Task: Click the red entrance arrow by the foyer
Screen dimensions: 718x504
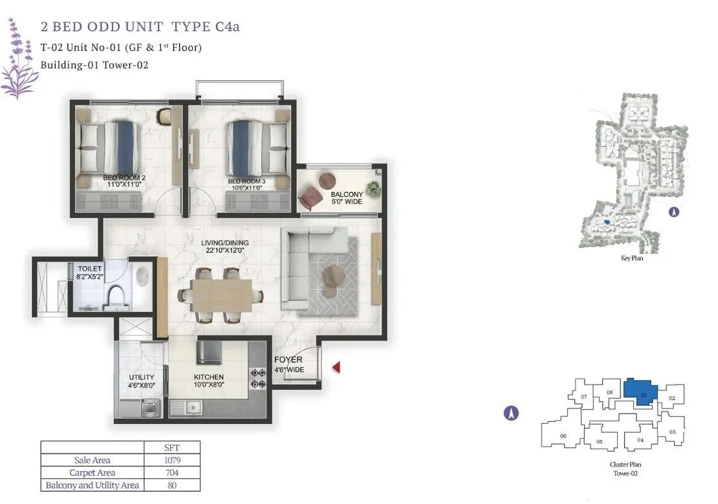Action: (x=336, y=367)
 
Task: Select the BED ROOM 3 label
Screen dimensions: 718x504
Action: (x=246, y=184)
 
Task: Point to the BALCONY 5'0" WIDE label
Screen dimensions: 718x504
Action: (x=347, y=198)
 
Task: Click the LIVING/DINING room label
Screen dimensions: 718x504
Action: (x=225, y=247)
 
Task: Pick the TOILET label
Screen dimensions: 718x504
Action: (x=90, y=273)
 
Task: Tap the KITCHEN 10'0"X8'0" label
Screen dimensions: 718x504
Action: (x=209, y=381)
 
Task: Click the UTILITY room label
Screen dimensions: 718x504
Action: (x=142, y=381)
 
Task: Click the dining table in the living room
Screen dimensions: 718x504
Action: (x=222, y=295)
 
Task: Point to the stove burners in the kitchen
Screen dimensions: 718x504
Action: (x=258, y=379)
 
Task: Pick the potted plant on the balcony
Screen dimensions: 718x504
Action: (x=374, y=188)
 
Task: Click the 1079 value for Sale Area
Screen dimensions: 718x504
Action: (x=172, y=460)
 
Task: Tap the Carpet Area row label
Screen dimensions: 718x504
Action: (x=92, y=472)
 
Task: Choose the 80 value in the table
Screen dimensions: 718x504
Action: (x=172, y=485)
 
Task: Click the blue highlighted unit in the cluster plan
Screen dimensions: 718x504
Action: (x=640, y=391)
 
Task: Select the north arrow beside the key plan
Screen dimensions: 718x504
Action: (x=673, y=212)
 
